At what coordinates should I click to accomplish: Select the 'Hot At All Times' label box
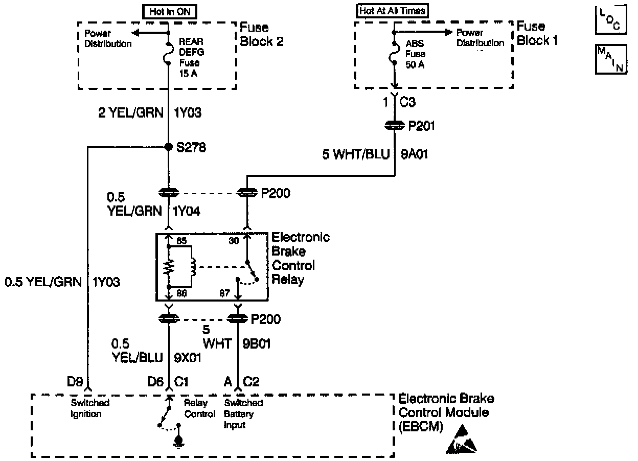[392, 11]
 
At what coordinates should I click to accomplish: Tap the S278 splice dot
[168, 147]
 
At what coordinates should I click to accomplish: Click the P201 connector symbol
[394, 125]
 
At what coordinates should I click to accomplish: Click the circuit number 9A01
[415, 154]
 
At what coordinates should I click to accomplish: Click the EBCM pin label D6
[156, 381]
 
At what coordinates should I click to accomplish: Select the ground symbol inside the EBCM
[178, 441]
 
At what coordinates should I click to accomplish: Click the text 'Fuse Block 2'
[261, 34]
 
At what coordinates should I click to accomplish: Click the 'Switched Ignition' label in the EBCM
[89, 408]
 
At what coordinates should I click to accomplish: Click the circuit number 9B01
[257, 344]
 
